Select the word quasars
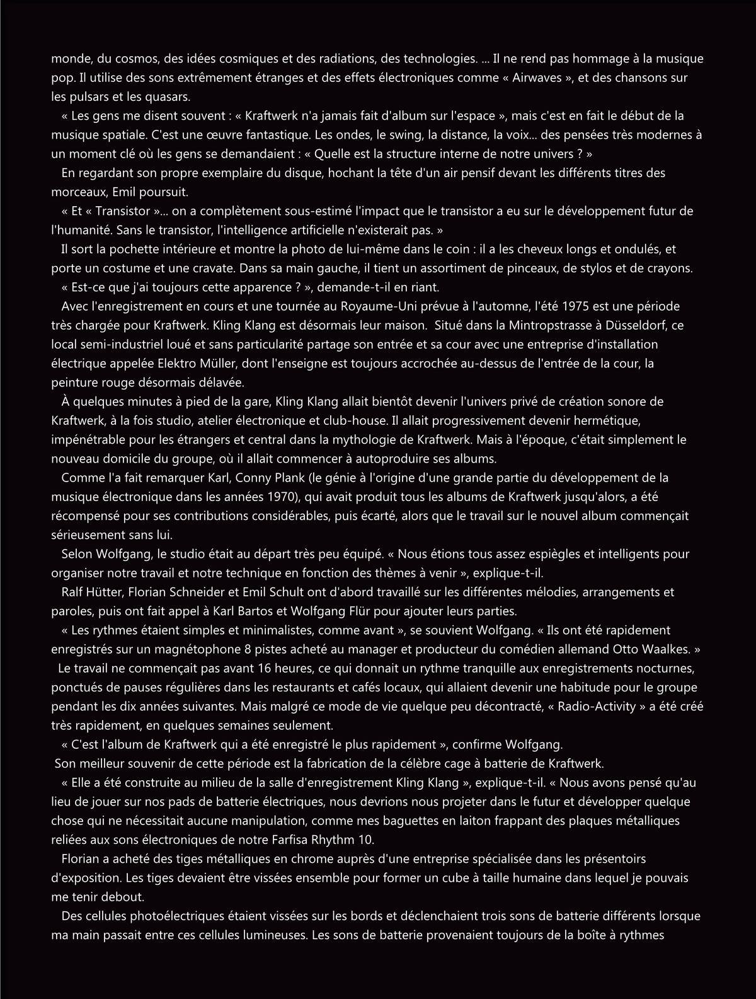(170, 97)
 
